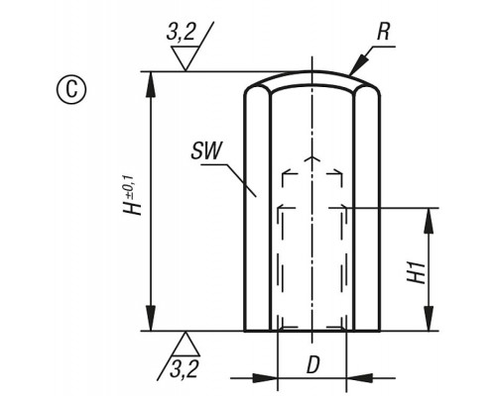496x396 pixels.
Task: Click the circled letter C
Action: pyautogui.click(x=71, y=89)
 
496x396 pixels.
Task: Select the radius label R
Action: pyautogui.click(x=383, y=32)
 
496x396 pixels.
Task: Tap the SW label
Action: pyautogui.click(x=207, y=150)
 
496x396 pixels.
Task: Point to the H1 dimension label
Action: pyautogui.click(x=416, y=272)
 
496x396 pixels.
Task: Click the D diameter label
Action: pyautogui.click(x=312, y=365)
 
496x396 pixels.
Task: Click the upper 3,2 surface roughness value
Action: pyautogui.click(x=181, y=33)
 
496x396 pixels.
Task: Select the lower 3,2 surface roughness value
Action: pyautogui.click(x=184, y=369)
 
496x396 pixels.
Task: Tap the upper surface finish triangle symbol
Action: pyautogui.click(x=186, y=58)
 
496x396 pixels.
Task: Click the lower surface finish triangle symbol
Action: pyautogui.click(x=186, y=344)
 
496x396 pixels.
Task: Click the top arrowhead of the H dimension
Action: pyautogui.click(x=151, y=84)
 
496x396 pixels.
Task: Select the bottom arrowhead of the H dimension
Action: pyautogui.click(x=151, y=318)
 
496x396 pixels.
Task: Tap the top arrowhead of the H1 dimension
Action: pyautogui.click(x=429, y=221)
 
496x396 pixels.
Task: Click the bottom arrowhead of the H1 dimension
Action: pyautogui.click(x=429, y=318)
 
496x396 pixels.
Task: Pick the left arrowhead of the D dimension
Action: pyautogui.click(x=265, y=378)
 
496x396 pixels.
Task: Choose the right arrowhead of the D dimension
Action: pyautogui.click(x=359, y=378)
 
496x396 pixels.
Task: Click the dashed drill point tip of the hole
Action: pyautogui.click(x=311, y=157)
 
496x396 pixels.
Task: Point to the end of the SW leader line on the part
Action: pyautogui.click(x=256, y=197)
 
